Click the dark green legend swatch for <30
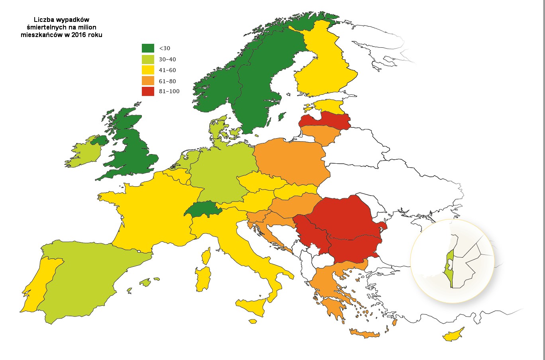[148, 48]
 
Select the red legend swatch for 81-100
[148, 91]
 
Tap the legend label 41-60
[167, 70]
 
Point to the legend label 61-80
[167, 81]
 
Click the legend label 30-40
[167, 59]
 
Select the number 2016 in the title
[79, 35]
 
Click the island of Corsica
[206, 255]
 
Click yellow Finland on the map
[323, 68]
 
